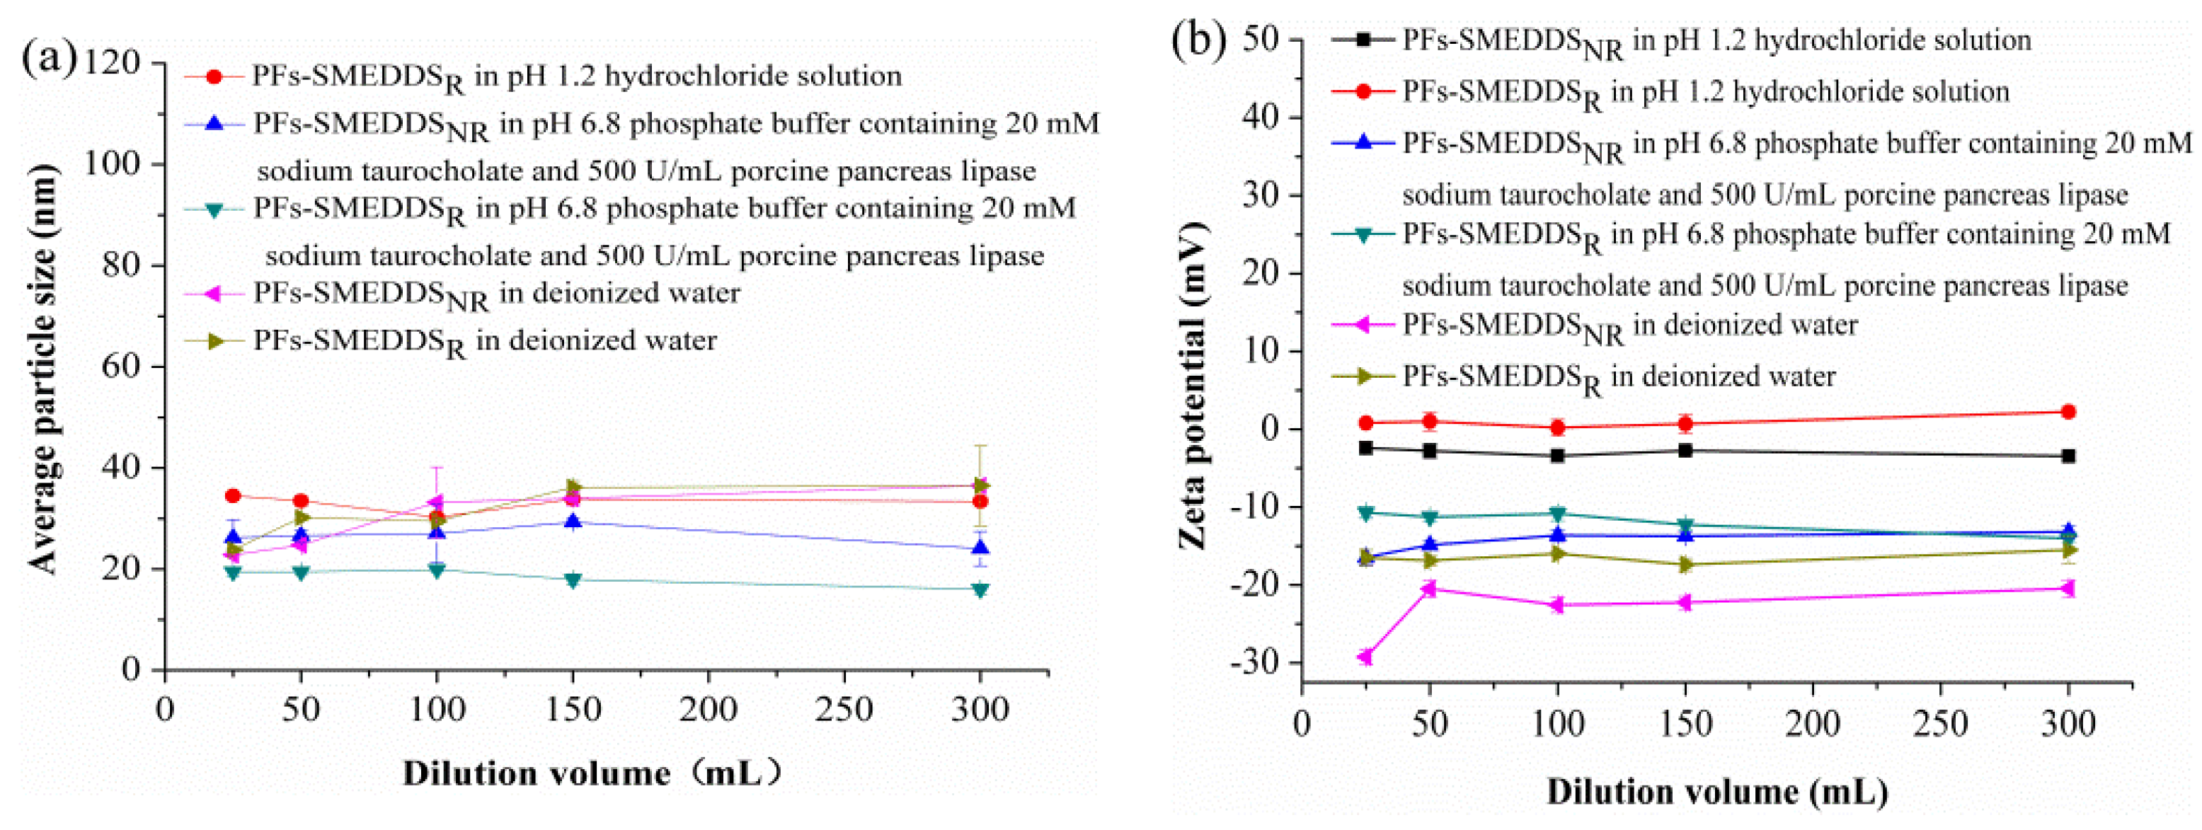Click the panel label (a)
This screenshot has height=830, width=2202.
[x=49, y=60]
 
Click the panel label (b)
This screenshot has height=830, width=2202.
[x=1198, y=40]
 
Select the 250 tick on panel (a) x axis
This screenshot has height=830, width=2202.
[x=844, y=708]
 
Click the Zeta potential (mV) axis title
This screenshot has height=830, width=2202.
[x=1193, y=385]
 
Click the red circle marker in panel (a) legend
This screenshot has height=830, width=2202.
[x=214, y=77]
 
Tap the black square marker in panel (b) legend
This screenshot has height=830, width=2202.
[x=1363, y=40]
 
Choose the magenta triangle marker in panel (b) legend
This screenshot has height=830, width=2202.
[x=1363, y=325]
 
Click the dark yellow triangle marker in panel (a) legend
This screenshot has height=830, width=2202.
[x=214, y=341]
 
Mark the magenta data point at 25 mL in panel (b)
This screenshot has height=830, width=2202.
[x=1365, y=657]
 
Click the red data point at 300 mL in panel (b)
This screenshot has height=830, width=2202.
[x=2069, y=412]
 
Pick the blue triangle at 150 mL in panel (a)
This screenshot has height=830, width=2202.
[x=573, y=521]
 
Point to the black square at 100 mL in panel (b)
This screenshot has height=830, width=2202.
[x=1557, y=456]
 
